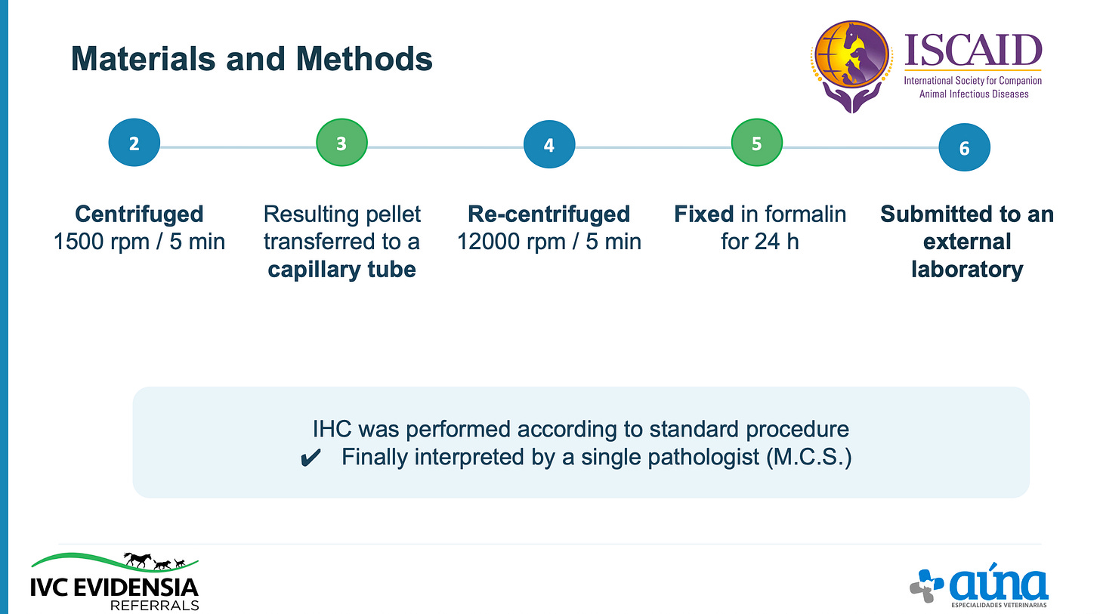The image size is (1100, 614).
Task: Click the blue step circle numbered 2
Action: coord(134,143)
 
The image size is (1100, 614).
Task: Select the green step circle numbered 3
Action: coord(341,143)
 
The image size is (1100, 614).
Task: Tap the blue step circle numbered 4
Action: coord(549,144)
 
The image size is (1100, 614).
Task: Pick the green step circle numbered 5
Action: coord(757,143)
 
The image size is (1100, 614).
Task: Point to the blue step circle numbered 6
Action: coord(965,147)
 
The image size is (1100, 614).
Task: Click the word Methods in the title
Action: coord(364,59)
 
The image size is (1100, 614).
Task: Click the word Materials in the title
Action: coord(143,59)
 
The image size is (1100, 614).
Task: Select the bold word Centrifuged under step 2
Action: coord(139,214)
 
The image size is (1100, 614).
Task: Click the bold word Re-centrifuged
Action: coord(548,214)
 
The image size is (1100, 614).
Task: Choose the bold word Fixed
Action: coord(703,214)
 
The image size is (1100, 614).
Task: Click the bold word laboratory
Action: coord(967,270)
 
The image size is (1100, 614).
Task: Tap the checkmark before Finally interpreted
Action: coord(311,458)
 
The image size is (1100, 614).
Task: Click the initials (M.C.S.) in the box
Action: coord(809,457)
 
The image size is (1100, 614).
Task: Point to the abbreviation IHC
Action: coord(332,429)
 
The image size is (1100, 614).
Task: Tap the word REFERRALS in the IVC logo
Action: coord(155,605)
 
